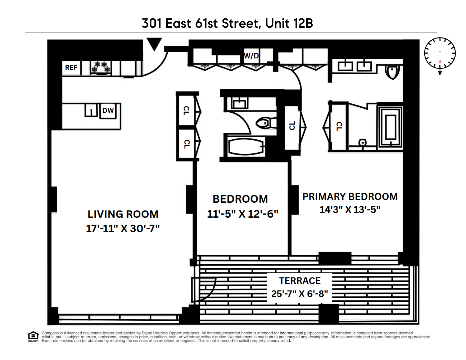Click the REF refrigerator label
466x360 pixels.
pos(71,67)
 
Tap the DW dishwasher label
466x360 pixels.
pos(108,111)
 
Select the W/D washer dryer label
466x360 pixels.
pos(251,56)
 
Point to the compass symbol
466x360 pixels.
pos(440,53)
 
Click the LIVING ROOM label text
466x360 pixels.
pos(123,214)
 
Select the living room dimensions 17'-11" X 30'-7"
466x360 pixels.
pos(123,229)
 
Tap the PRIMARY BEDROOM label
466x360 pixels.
pos(350,197)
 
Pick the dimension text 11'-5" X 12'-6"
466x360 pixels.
pos(243,214)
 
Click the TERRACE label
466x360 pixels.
pos(300,281)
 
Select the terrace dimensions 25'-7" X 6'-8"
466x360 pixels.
pos(300,294)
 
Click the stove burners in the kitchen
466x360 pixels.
pos(100,67)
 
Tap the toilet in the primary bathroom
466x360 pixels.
pos(392,71)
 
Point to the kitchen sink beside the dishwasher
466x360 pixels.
pos(91,110)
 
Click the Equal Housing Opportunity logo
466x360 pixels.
pos(33,337)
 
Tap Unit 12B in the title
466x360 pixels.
pos(289,23)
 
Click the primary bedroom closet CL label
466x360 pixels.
pos(339,126)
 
